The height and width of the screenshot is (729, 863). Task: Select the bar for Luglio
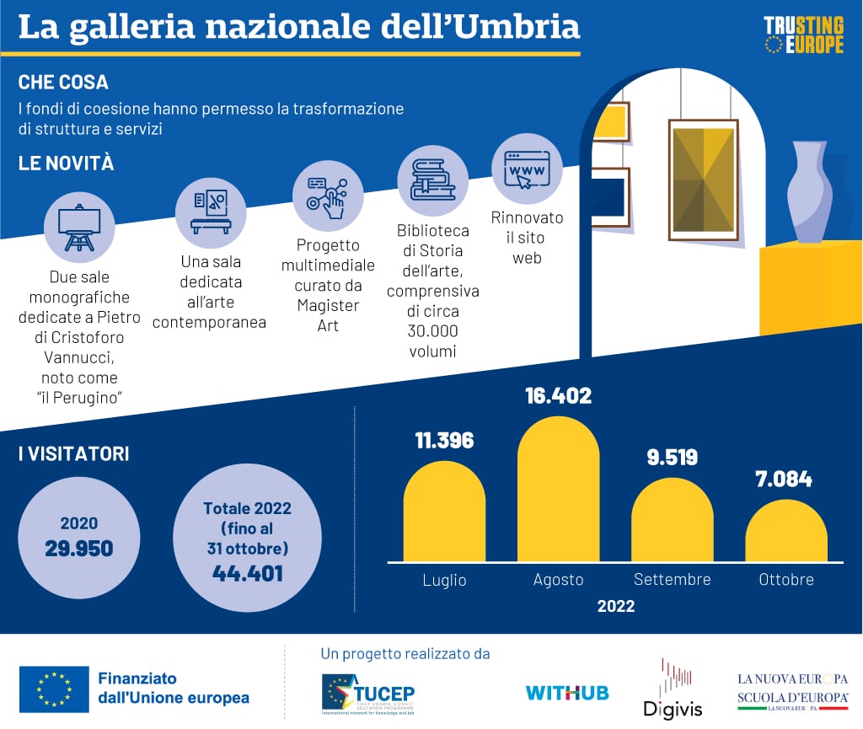click(445, 511)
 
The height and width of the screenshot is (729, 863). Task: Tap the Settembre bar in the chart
click(672, 519)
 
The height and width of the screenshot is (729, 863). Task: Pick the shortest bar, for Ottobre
click(786, 531)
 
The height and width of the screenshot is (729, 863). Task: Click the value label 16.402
click(558, 395)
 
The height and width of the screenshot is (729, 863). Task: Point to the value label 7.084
click(784, 480)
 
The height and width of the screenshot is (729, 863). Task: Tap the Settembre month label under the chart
click(672, 580)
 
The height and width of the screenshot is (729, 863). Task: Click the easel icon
click(79, 226)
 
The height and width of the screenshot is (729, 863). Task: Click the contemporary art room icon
click(211, 211)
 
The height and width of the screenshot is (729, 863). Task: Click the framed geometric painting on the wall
click(703, 179)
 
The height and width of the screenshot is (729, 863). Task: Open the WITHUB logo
click(567, 693)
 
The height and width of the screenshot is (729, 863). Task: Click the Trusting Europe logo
click(803, 35)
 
